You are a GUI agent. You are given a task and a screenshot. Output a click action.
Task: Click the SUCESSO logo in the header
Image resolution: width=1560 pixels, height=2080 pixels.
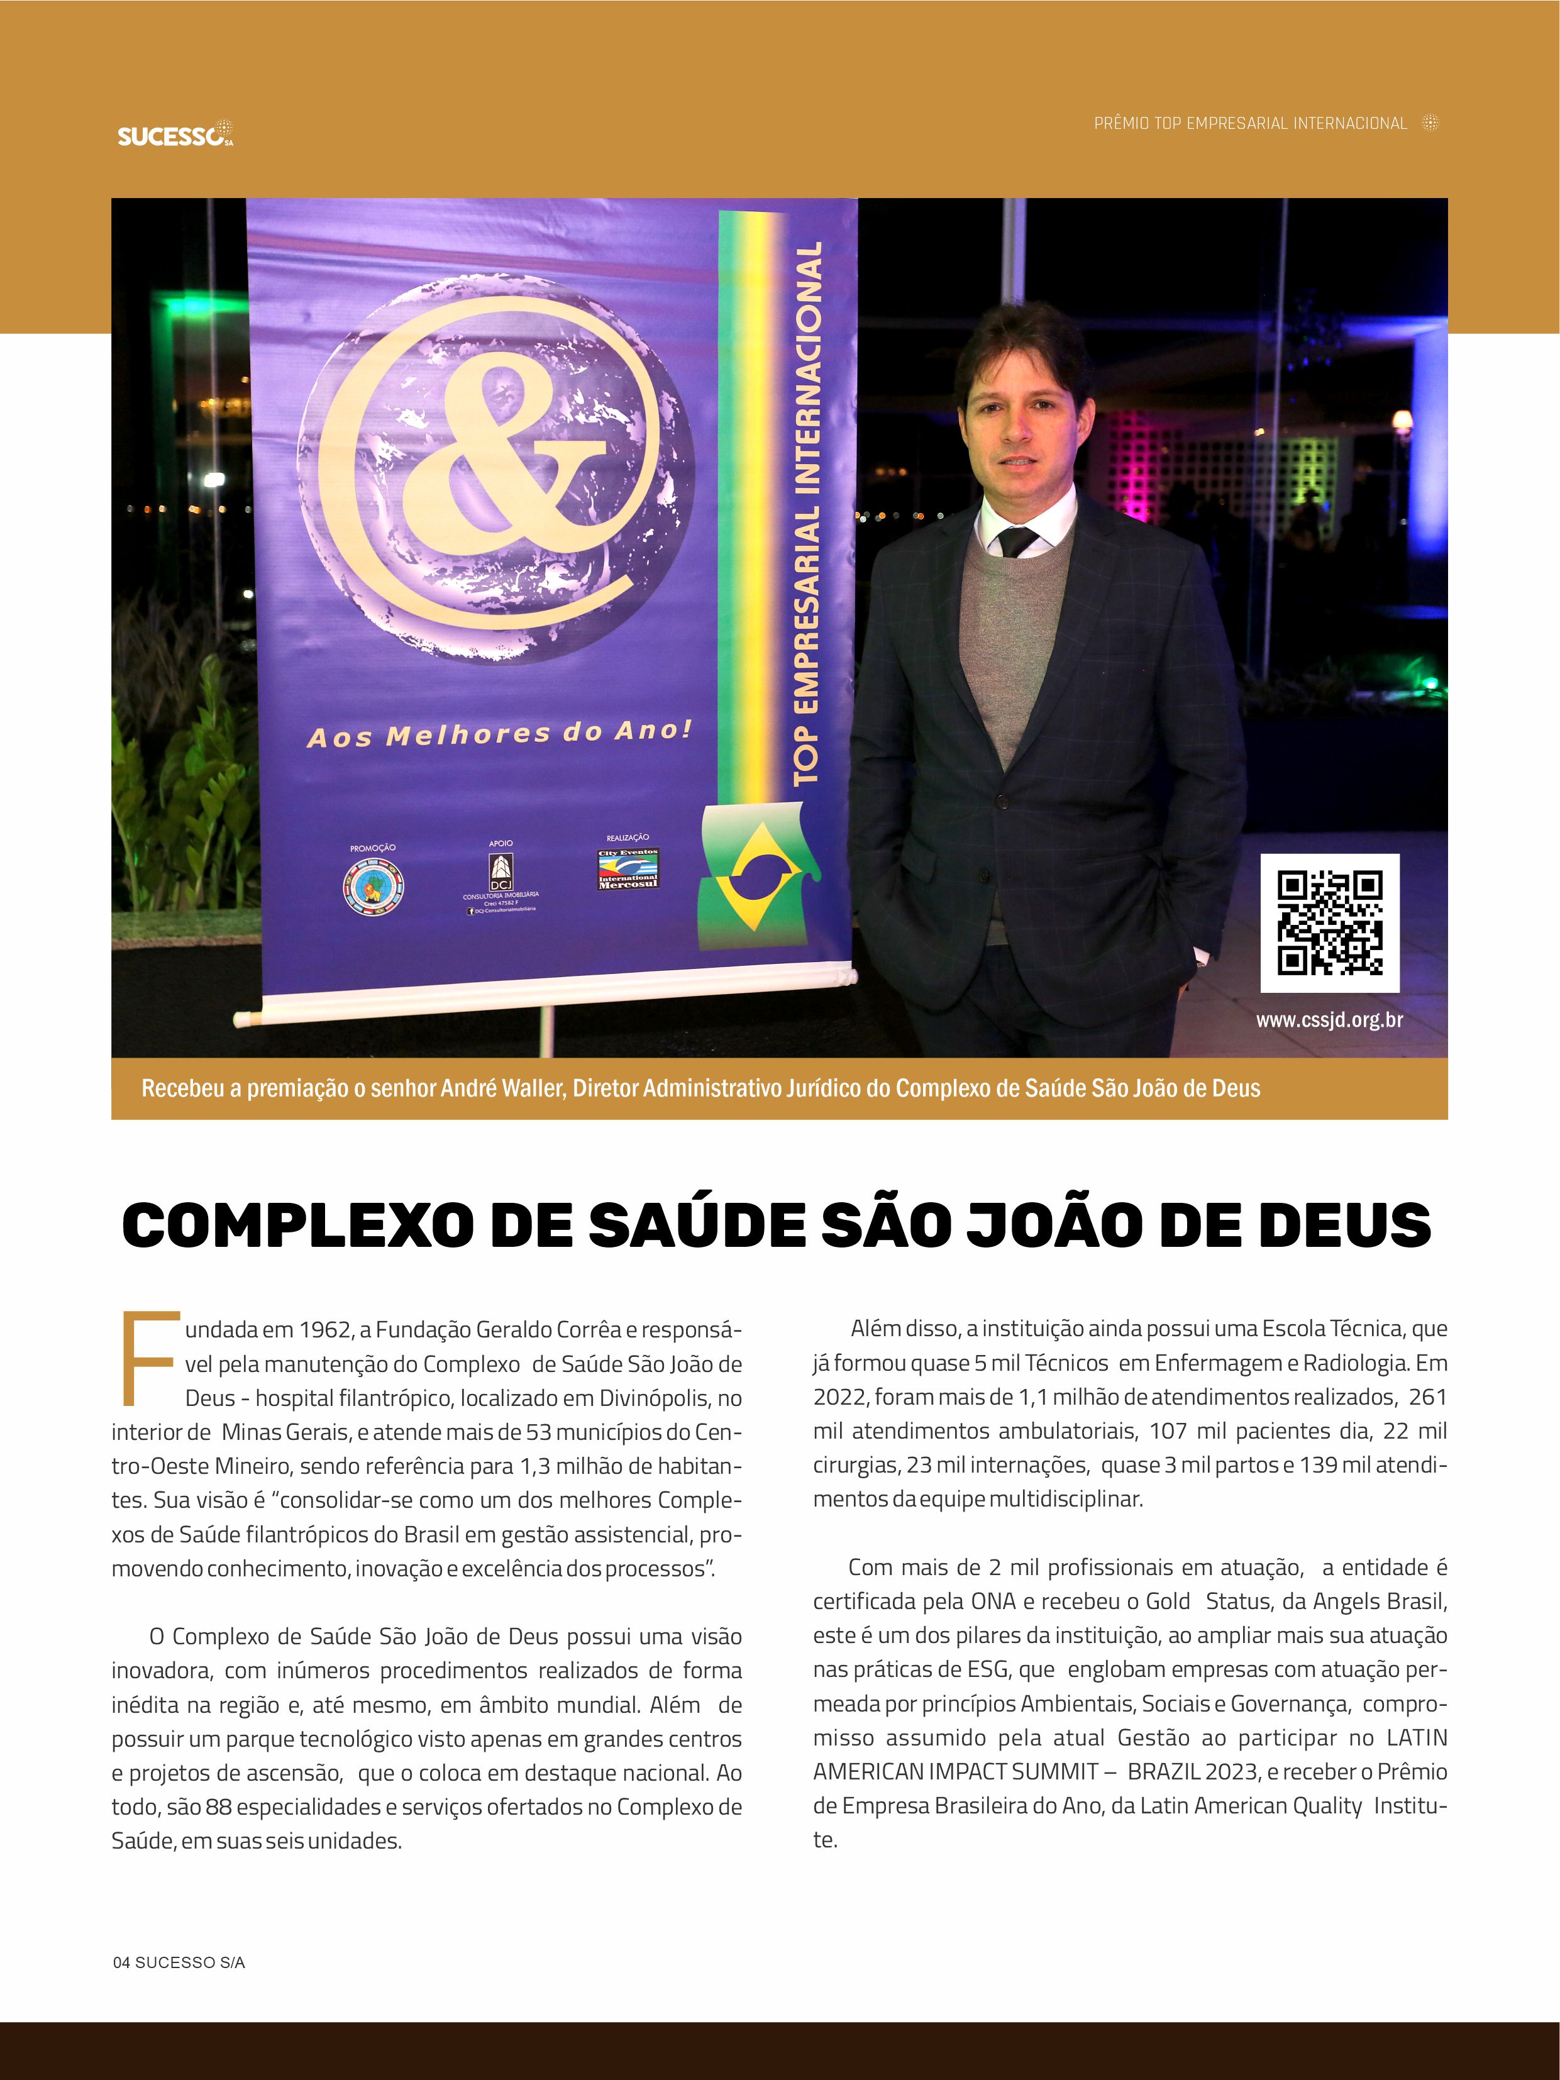175,135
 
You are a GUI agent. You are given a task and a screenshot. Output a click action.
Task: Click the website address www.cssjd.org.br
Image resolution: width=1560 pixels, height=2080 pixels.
1329,1019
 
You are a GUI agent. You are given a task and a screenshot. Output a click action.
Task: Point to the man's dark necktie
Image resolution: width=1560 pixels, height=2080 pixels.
1017,541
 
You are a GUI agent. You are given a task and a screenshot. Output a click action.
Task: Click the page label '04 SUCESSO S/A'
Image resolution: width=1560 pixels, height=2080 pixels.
179,1962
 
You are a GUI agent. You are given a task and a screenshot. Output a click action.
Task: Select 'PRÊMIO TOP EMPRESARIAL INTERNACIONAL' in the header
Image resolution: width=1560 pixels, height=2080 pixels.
1249,123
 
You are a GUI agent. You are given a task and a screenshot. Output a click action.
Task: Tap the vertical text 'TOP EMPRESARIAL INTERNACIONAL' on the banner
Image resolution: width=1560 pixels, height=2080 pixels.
807,512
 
